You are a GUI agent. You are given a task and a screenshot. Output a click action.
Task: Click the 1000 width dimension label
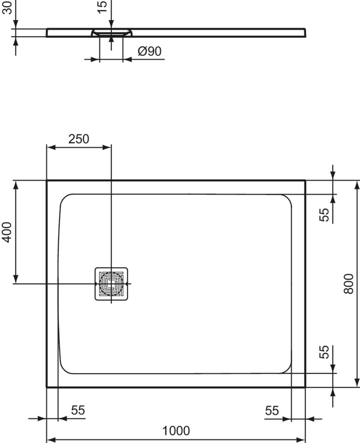click(176, 431)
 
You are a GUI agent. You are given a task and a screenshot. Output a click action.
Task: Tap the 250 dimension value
click(78, 139)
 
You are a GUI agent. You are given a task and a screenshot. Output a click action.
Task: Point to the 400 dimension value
click(6, 232)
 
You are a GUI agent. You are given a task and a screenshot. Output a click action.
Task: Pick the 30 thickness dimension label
click(6, 8)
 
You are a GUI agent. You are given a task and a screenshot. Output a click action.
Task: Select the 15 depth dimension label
click(102, 6)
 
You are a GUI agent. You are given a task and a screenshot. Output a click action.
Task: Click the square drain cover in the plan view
click(111, 283)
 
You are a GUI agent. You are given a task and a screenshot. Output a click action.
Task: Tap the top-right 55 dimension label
click(325, 214)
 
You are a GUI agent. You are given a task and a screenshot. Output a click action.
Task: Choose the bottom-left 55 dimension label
click(78, 410)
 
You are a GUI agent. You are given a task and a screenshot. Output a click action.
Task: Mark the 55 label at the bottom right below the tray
click(272, 410)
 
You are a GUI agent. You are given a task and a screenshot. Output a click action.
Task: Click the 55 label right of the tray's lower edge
click(325, 352)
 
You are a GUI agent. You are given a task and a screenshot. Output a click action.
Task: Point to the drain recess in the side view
click(112, 32)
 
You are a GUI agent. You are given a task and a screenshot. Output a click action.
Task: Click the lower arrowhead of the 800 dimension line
click(357, 383)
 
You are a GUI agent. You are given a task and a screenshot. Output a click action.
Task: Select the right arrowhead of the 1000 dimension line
click(302, 440)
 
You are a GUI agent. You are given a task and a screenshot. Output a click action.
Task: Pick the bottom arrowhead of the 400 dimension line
click(16, 279)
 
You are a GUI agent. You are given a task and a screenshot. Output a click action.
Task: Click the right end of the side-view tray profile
click(304, 32)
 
